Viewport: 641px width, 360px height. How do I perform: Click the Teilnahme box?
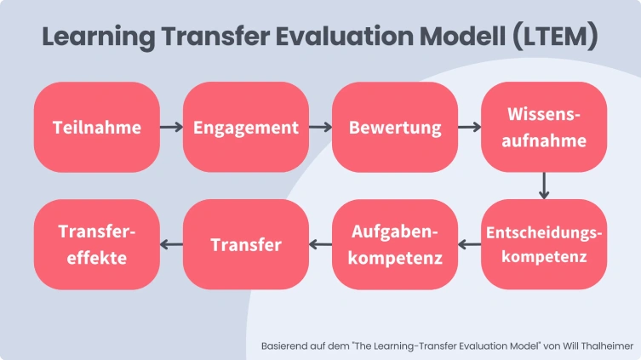pyautogui.click(x=96, y=128)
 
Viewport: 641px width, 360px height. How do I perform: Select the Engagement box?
pyautogui.click(x=245, y=128)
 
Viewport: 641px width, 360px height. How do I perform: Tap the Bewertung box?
pyautogui.click(x=395, y=128)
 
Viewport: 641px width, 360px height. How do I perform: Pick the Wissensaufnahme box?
pyautogui.click(x=544, y=128)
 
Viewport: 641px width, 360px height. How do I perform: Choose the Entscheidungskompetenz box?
pyautogui.click(x=544, y=244)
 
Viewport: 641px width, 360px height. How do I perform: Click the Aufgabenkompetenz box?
pyautogui.click(x=395, y=244)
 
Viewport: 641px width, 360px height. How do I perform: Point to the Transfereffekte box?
pyautogui.click(x=96, y=244)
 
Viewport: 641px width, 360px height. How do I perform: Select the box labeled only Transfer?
pyautogui.click(x=245, y=244)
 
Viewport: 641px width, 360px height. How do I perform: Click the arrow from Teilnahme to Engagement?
pyautogui.click(x=171, y=128)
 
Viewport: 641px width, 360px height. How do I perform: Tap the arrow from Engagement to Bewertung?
pyautogui.click(x=320, y=128)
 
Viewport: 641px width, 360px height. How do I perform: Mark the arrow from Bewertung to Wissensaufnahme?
pyautogui.click(x=470, y=128)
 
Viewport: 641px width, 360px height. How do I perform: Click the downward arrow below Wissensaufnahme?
pyautogui.click(x=544, y=186)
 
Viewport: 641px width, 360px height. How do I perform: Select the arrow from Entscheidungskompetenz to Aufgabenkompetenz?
pyautogui.click(x=470, y=245)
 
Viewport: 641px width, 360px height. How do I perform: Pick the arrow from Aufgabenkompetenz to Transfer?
pyautogui.click(x=320, y=245)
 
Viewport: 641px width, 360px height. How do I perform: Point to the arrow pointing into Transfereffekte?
pyautogui.click(x=171, y=245)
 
